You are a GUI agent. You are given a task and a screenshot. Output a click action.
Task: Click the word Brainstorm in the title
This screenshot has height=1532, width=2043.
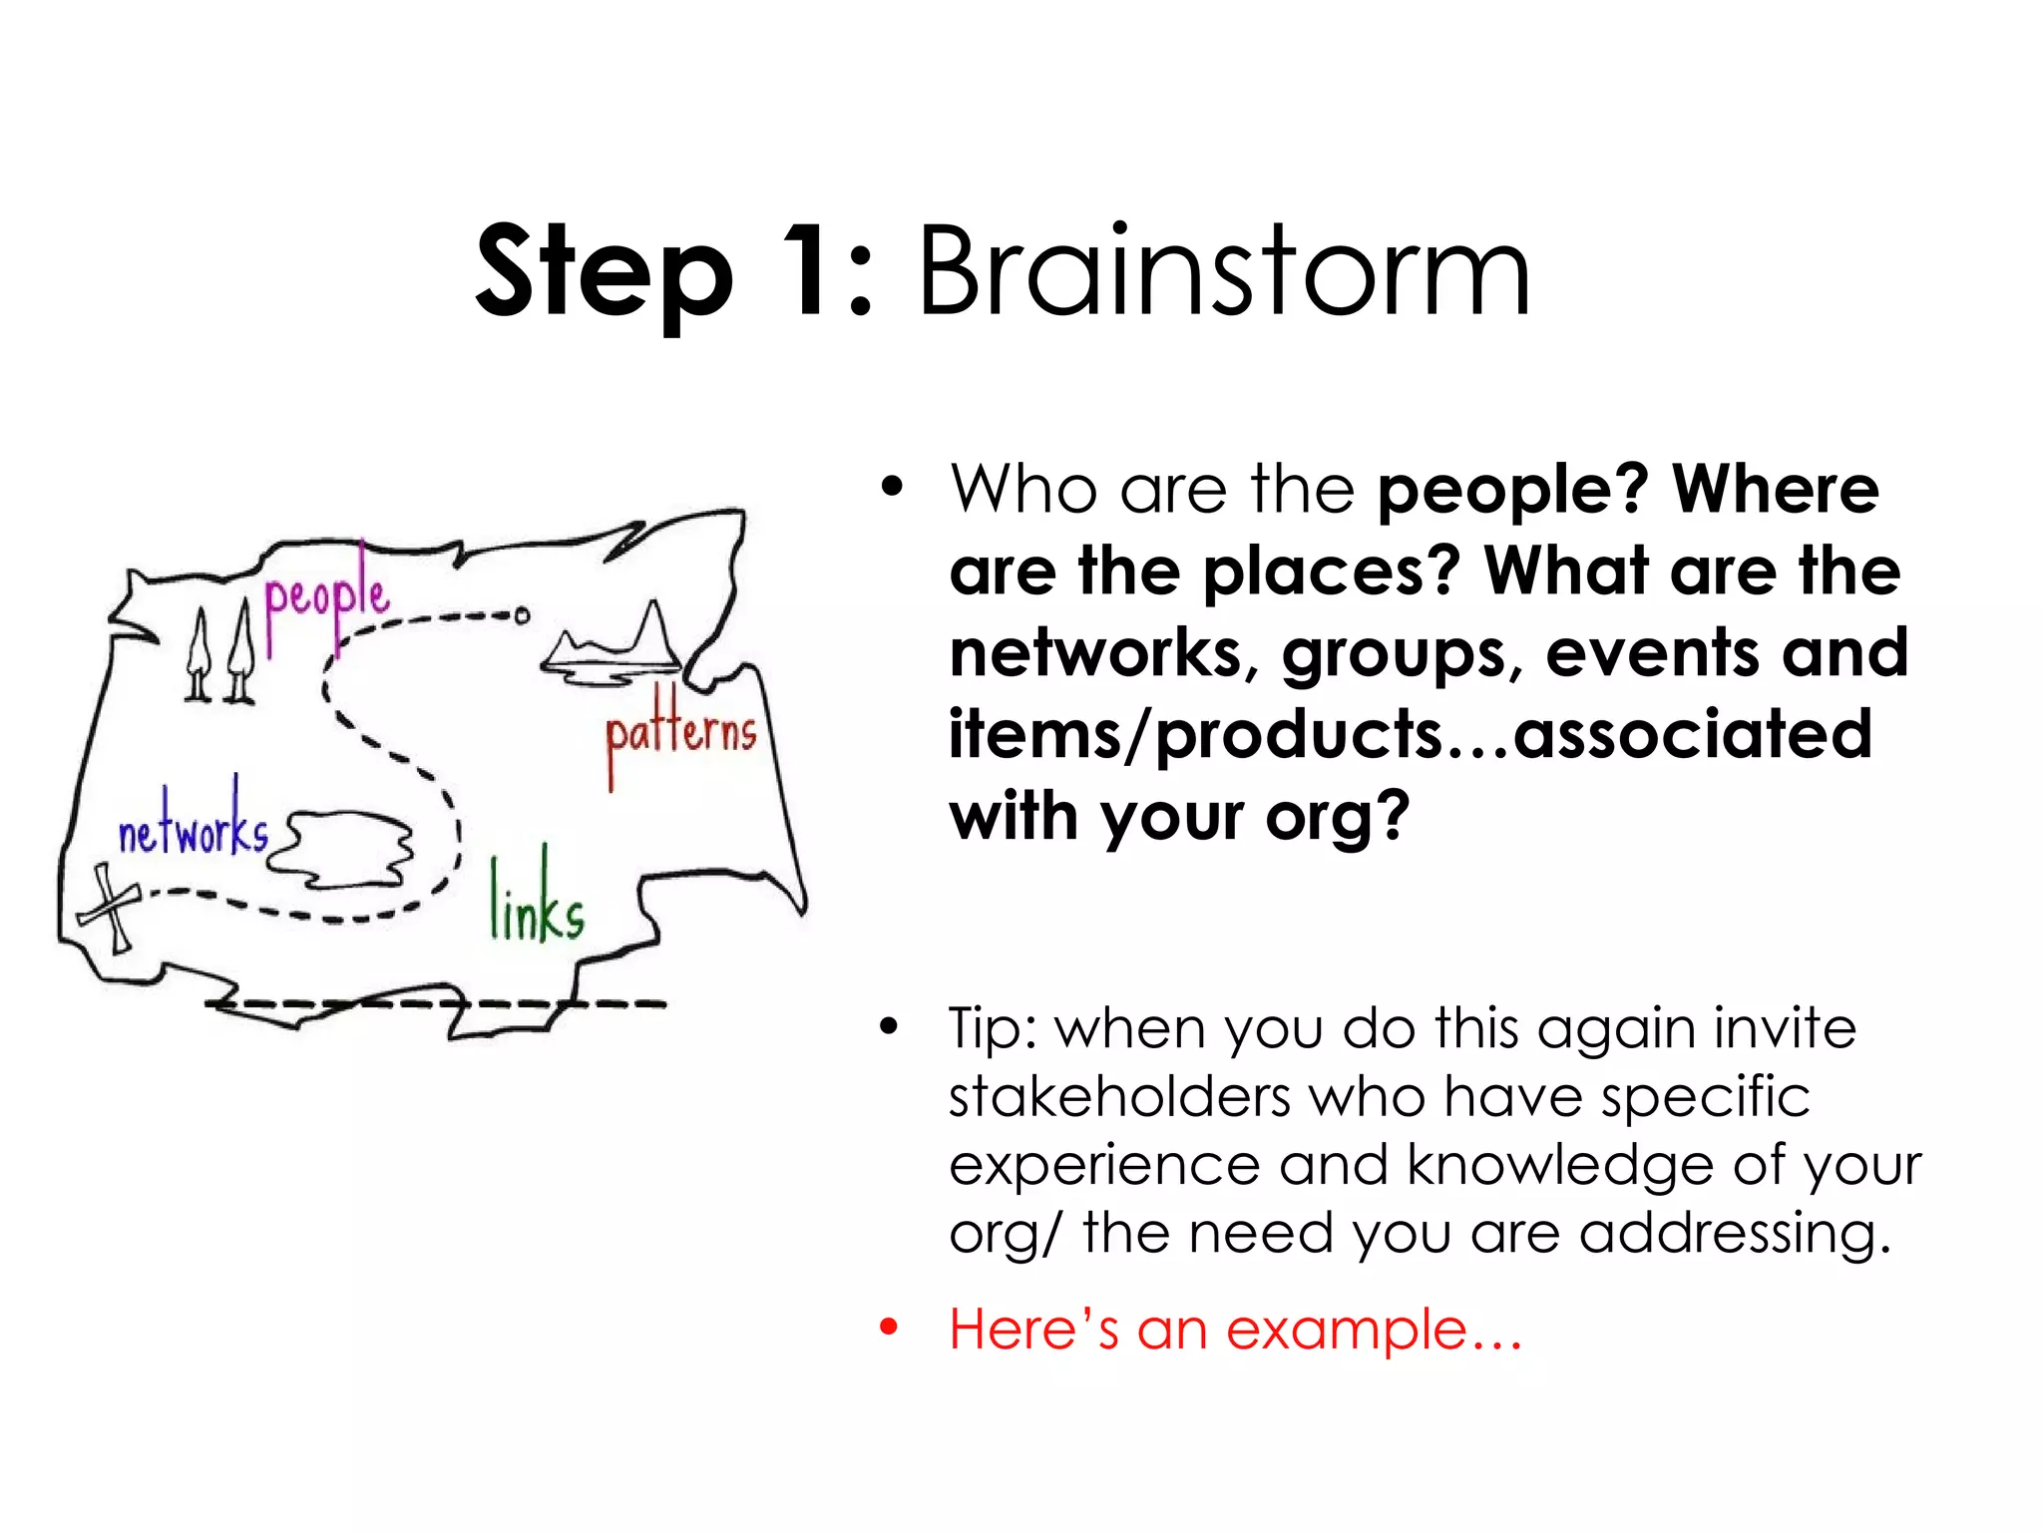click(x=1222, y=271)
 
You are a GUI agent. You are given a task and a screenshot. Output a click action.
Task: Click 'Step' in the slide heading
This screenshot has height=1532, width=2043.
click(x=605, y=274)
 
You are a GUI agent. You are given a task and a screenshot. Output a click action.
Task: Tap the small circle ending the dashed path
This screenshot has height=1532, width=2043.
click(x=521, y=615)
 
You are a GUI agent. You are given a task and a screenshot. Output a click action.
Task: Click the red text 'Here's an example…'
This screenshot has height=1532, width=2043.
click(x=1235, y=1330)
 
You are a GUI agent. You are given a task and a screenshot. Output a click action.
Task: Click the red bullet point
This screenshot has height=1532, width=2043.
click(x=889, y=1328)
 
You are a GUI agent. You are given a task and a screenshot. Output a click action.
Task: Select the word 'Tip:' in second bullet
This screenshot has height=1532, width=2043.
click(x=993, y=1028)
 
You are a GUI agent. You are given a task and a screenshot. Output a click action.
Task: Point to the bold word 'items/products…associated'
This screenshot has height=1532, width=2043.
click(x=1410, y=734)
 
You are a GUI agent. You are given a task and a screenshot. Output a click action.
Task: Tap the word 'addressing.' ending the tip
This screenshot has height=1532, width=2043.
click(x=1735, y=1233)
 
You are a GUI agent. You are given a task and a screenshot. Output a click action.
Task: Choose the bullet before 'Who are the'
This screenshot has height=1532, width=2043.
click(x=891, y=488)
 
